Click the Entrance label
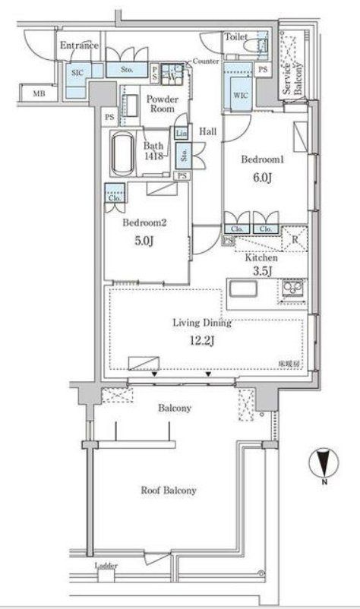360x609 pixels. (79, 46)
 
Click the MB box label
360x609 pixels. (36, 94)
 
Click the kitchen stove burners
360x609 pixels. (293, 290)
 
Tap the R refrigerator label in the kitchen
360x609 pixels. (295, 243)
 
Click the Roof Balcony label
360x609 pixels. (169, 490)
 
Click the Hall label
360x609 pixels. (207, 131)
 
